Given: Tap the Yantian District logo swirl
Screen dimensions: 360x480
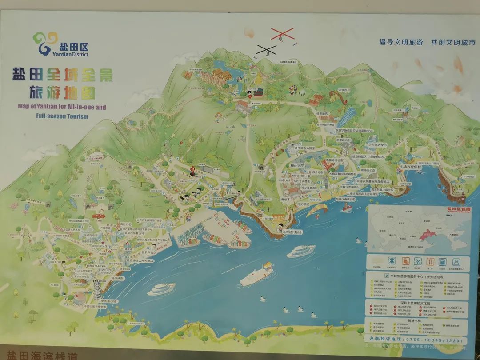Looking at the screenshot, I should pos(45,42).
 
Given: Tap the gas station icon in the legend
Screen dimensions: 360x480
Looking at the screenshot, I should pos(443,262).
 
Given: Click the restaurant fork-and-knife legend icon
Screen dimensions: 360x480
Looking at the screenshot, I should pos(430,262).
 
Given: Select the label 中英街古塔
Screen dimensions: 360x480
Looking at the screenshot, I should pos(108,301).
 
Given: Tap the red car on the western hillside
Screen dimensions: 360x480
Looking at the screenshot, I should pos(100,215).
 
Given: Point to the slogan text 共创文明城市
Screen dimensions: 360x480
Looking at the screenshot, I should pos(453,42).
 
